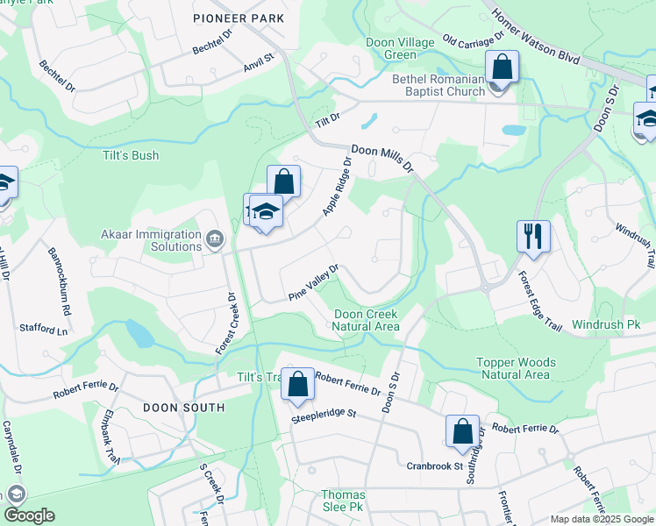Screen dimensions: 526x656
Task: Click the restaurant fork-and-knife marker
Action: [x=533, y=235]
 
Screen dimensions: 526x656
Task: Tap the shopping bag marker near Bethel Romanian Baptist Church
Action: [x=502, y=66]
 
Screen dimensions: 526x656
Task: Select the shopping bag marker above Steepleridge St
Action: [x=297, y=383]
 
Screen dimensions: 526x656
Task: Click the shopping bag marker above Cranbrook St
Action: [x=462, y=431]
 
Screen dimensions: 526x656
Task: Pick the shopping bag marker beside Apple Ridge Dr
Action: [x=283, y=182]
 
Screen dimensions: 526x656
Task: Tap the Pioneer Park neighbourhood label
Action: [x=239, y=18]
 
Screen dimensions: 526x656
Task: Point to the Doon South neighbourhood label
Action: [x=182, y=408]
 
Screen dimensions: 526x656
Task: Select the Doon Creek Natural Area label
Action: [x=366, y=320]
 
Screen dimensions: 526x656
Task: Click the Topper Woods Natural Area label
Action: [x=513, y=368]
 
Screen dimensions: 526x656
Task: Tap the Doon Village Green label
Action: [x=400, y=48]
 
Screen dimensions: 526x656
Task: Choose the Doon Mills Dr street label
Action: [x=383, y=160]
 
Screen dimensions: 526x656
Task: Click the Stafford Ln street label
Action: [x=43, y=329]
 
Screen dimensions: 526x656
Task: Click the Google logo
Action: [x=28, y=515]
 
